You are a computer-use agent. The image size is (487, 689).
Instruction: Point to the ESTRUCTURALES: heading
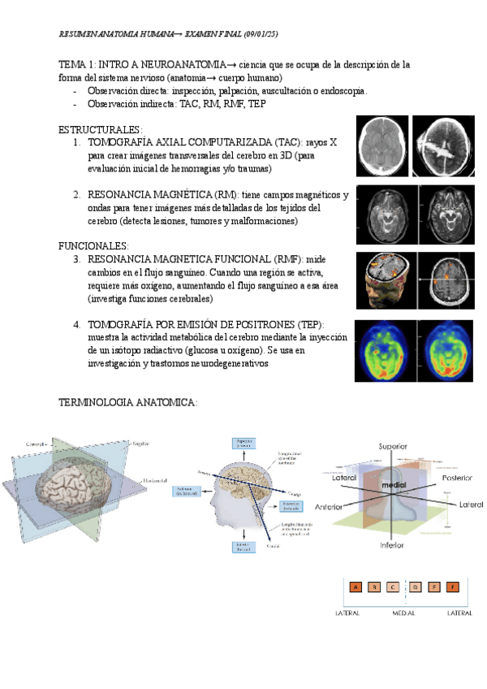click(x=101, y=129)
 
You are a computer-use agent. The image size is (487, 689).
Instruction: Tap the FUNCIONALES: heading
click(x=94, y=245)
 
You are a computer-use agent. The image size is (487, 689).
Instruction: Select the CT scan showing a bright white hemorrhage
click(x=443, y=145)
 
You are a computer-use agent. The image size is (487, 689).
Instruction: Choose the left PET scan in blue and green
click(x=385, y=351)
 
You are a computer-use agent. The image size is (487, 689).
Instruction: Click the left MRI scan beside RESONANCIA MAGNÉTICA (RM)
click(x=385, y=214)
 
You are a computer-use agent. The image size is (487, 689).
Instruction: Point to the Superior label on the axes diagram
click(x=392, y=446)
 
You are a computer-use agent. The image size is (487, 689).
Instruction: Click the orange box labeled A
click(x=356, y=587)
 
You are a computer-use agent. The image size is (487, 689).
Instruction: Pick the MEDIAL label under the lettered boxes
click(x=403, y=613)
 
